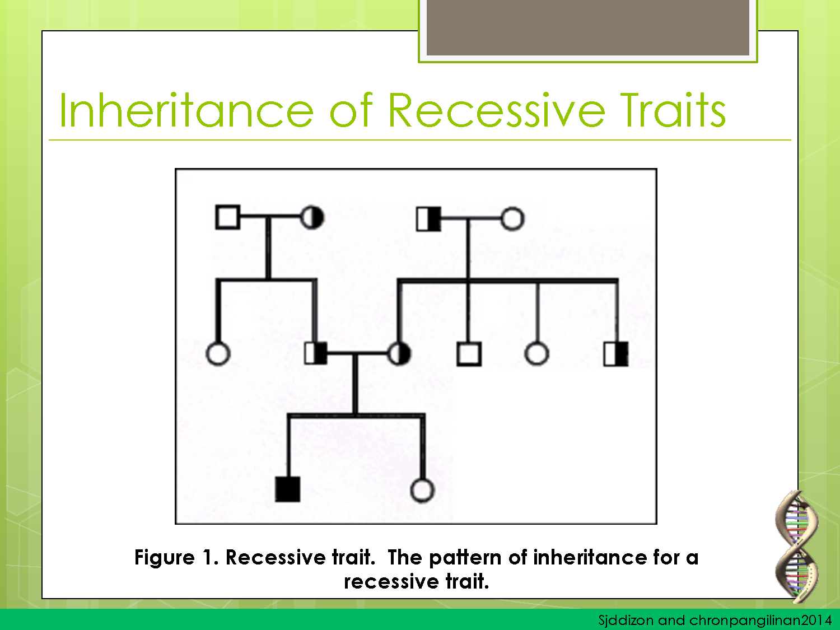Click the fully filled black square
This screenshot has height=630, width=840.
[x=288, y=489]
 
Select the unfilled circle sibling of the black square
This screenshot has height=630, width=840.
[x=422, y=490]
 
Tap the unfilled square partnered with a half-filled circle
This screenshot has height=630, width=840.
[x=227, y=217]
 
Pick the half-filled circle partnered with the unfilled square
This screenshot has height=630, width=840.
[x=312, y=217]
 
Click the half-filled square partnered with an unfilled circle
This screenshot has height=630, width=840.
[x=428, y=219]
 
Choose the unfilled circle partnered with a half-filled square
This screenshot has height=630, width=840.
[x=512, y=219]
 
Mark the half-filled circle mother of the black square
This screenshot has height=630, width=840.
[x=399, y=353]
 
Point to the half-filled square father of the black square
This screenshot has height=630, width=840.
[x=316, y=353]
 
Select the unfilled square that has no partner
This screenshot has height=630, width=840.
[x=469, y=354]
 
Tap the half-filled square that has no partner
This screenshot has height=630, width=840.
[x=616, y=354]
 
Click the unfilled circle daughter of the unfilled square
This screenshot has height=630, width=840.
[x=218, y=354]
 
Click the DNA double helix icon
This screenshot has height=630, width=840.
[x=796, y=546]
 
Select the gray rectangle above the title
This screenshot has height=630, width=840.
[x=587, y=27]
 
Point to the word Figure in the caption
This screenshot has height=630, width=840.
[x=165, y=558]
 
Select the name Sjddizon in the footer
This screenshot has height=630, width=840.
[x=625, y=620]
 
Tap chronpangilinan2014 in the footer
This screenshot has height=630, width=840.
[x=760, y=620]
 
